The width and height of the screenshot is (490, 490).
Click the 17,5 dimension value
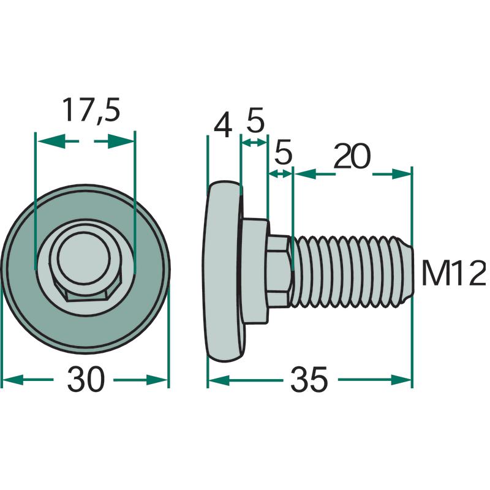(x=91, y=111)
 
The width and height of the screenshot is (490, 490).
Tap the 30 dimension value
(x=85, y=379)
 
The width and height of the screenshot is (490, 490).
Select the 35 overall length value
(x=309, y=380)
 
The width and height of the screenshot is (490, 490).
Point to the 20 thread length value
(x=352, y=157)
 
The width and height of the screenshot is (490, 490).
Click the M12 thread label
(x=453, y=274)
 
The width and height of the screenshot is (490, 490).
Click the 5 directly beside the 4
(x=255, y=119)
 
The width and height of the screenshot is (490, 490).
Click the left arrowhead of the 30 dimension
(x=12, y=380)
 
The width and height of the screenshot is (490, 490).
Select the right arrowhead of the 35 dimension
(x=401, y=380)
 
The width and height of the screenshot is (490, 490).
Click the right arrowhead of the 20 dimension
(x=401, y=174)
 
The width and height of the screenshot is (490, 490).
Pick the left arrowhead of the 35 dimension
(x=219, y=380)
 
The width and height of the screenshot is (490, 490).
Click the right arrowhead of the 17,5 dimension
(x=121, y=141)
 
